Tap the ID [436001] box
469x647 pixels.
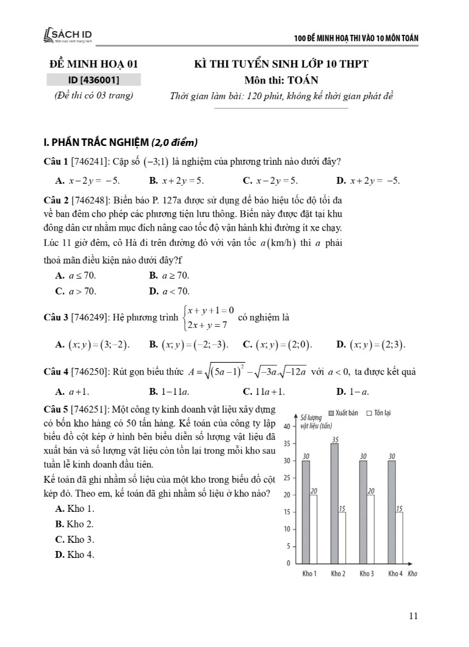tap(94, 80)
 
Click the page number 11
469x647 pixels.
tap(413, 615)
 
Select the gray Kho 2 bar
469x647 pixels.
tap(334, 502)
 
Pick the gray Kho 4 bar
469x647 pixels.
tap(391, 511)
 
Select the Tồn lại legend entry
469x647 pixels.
tap(379, 413)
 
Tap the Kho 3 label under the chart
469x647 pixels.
tap(368, 574)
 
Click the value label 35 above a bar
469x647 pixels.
tap(334, 439)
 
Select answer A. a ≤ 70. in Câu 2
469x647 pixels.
tap(76, 275)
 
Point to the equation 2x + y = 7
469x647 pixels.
tap(208, 325)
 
